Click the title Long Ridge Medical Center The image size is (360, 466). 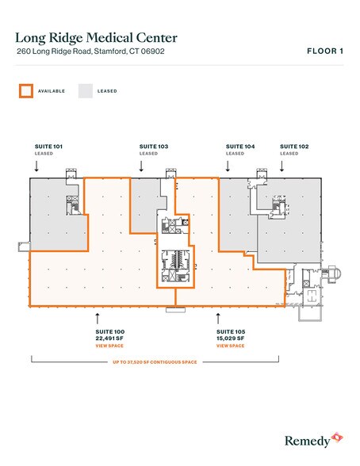pos(96,38)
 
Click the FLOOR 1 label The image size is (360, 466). pos(325,51)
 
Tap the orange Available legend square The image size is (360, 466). pos(26,91)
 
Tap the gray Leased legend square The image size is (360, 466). pos(86,91)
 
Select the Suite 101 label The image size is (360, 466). pos(48,146)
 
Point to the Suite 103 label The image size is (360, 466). pos(154,146)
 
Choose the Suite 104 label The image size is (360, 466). pos(240,146)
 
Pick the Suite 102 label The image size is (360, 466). pos(294,146)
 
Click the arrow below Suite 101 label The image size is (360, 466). pos(36,166)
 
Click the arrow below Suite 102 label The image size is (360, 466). pos(281,166)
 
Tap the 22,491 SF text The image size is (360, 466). pos(109,338)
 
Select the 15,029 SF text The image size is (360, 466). pos(231,338)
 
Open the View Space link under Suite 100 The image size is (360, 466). pos(109,346)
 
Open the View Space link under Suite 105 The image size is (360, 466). pos(231,346)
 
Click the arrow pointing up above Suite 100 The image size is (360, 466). pos(98,319)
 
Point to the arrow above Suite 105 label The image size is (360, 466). pos(218,319)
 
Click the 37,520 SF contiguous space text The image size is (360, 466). pos(155,362)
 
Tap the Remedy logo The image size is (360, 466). pos(314,441)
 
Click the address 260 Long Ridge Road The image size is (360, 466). pos(54,51)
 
